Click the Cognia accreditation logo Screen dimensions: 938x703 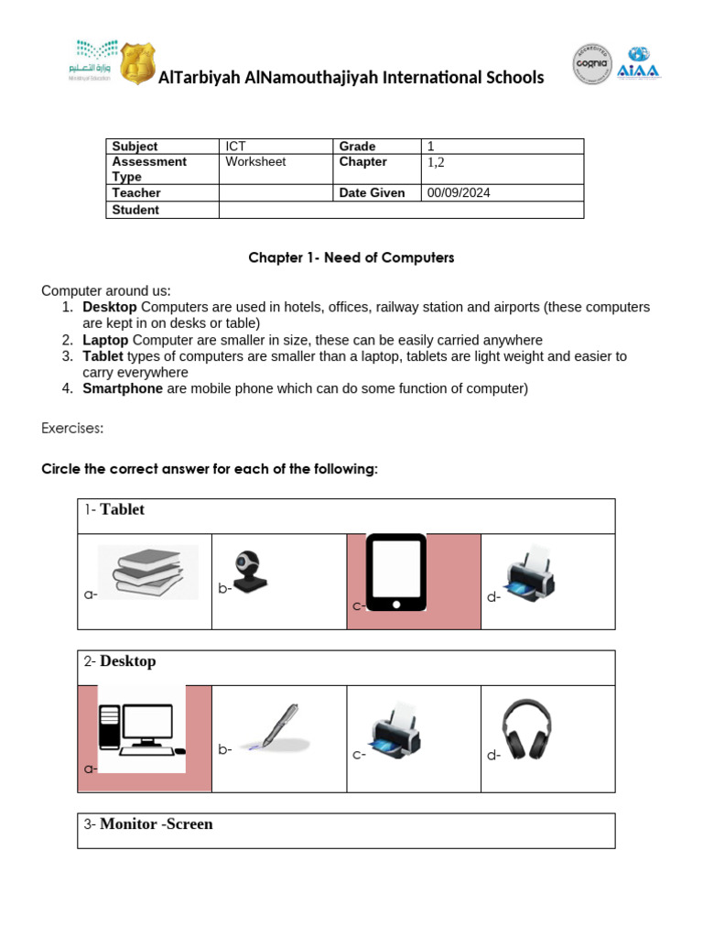click(593, 64)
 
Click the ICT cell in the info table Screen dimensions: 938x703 click(235, 147)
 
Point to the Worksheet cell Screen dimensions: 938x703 click(255, 162)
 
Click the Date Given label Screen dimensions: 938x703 click(372, 193)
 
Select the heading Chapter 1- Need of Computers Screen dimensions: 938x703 click(351, 258)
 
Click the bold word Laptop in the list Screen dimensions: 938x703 click(105, 340)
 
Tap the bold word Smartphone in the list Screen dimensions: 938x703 click(123, 388)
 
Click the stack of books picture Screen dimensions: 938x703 click(148, 573)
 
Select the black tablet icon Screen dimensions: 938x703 click(396, 573)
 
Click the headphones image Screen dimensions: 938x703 click(527, 729)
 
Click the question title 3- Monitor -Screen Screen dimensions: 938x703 click(157, 824)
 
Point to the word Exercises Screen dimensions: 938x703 click(72, 429)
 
